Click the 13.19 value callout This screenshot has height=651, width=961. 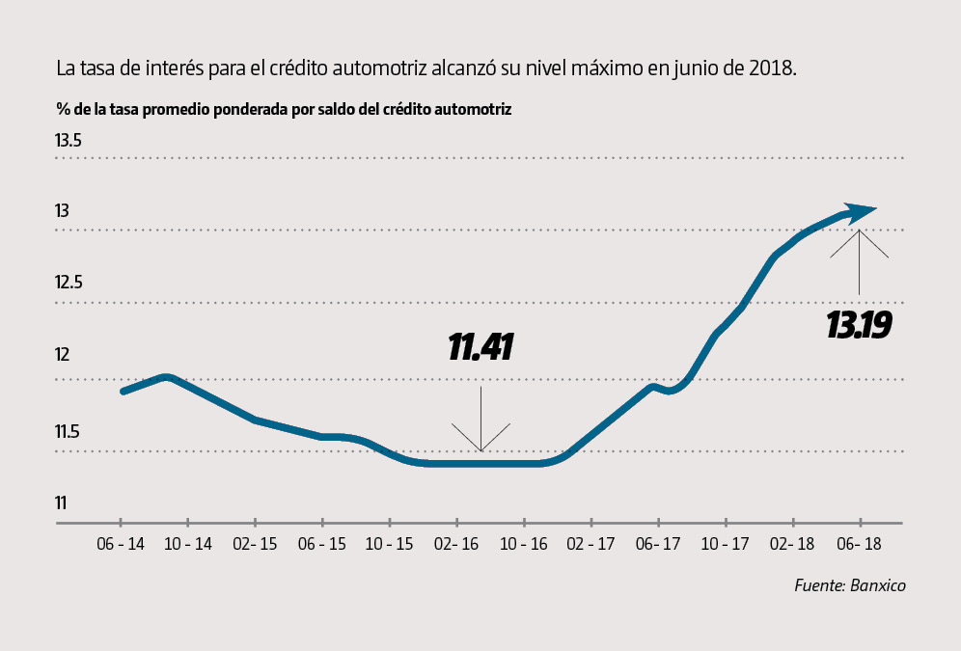(x=858, y=326)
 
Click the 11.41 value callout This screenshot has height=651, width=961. (x=480, y=348)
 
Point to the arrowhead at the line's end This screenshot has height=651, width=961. (x=861, y=210)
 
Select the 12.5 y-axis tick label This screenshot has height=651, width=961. (x=69, y=284)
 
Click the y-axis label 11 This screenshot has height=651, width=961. (x=61, y=502)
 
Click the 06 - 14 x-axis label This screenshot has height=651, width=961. (x=121, y=545)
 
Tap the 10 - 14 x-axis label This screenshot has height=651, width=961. (x=187, y=545)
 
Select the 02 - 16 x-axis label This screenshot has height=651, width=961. (x=455, y=545)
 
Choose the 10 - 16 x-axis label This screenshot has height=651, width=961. (x=523, y=545)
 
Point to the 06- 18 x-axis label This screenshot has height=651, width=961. (x=858, y=545)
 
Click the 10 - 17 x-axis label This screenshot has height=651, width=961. (x=725, y=545)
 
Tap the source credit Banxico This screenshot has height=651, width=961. (x=850, y=585)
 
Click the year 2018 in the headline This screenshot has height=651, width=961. (x=773, y=69)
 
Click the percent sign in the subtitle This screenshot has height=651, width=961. (x=63, y=109)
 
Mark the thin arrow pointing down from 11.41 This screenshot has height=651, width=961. (x=480, y=420)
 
